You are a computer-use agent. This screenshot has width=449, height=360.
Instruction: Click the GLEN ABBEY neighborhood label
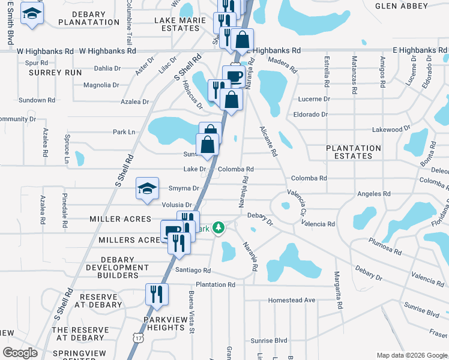pos(402,6)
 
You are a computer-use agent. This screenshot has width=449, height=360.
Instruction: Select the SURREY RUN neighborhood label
pos(55,72)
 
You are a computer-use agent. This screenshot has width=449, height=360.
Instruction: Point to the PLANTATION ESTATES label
pos(353,152)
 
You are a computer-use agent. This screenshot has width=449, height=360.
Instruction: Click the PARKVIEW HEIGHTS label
pos(164,324)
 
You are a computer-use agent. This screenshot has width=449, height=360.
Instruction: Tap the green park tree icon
pos(220,227)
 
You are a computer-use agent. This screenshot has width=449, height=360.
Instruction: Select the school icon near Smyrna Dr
pos(147,188)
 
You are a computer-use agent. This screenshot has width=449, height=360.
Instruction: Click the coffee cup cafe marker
pos(234,76)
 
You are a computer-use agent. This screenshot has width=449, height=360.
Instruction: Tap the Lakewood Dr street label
pos(390,129)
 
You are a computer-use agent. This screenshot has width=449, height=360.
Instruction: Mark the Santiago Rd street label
pos(193,271)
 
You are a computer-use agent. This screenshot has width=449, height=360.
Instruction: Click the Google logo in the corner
pos(20,353)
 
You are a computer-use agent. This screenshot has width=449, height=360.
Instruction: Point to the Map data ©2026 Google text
pos(412,355)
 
